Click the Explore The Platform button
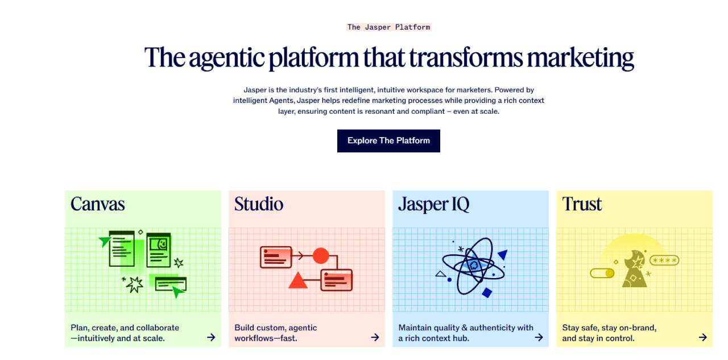[x=388, y=140]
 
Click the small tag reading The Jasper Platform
[x=388, y=27]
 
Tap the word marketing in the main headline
[x=580, y=58]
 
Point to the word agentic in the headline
[x=226, y=58]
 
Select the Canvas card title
[x=97, y=204]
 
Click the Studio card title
[x=259, y=204]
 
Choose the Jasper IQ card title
[x=434, y=204]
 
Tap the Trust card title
[x=582, y=204]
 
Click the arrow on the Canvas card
[x=211, y=337]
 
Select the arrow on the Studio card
[x=375, y=337]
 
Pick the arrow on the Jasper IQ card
[x=539, y=337]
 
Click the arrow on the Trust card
[x=702, y=337]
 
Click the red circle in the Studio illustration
[x=321, y=256]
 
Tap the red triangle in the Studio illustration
[x=297, y=280]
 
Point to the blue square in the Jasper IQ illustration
[x=487, y=293]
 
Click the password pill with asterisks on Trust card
[x=664, y=260]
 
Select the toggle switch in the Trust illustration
[x=602, y=273]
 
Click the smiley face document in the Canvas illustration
[x=159, y=250]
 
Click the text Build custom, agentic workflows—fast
[x=276, y=333]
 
